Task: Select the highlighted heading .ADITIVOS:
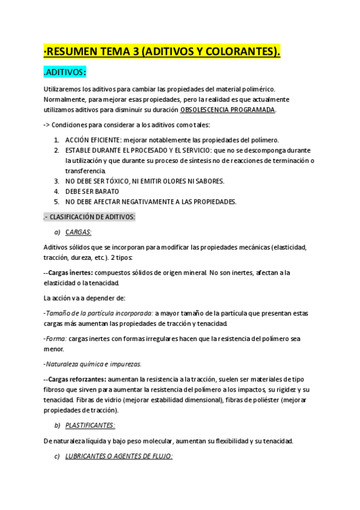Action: click(x=66, y=73)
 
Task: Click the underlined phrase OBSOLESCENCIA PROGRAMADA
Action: click(x=228, y=110)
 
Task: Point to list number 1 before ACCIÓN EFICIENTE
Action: click(x=56, y=140)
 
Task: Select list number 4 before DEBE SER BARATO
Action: click(x=56, y=191)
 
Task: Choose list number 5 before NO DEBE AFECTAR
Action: click(x=56, y=201)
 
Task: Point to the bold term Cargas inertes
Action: click(x=66, y=272)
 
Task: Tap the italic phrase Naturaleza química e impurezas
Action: click(x=93, y=364)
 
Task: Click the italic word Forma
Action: click(x=55, y=339)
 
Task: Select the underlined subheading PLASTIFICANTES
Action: click(x=90, y=425)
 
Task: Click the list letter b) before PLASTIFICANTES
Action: click(x=57, y=425)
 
